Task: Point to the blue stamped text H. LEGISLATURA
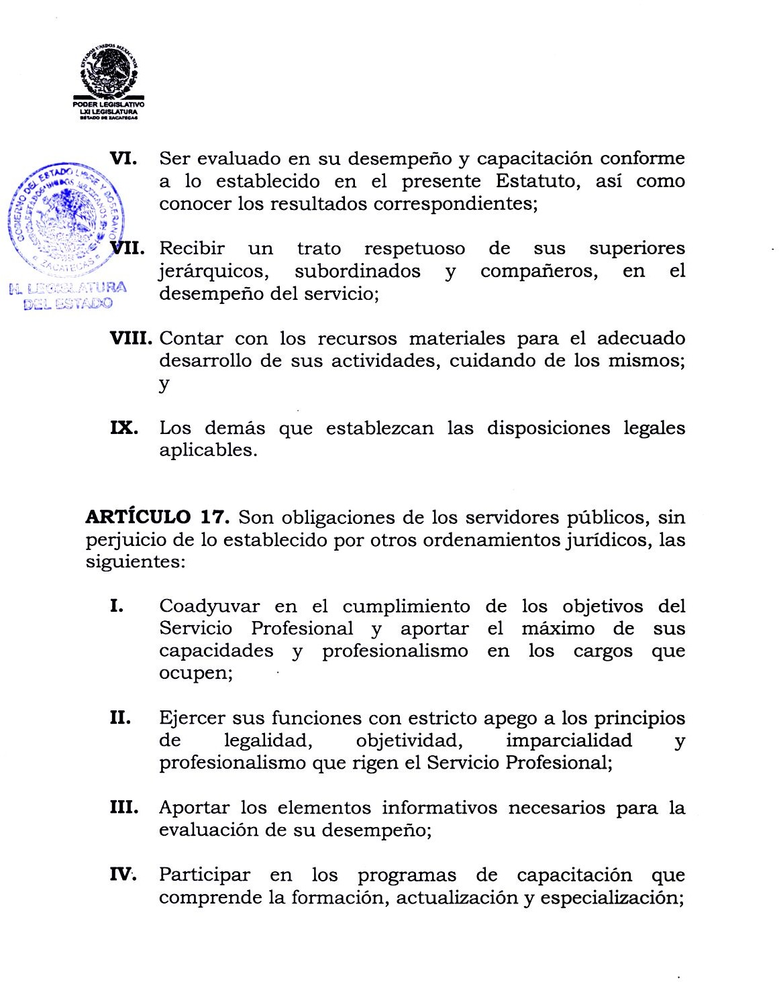pos(68,289)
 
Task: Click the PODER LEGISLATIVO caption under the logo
pos(109,105)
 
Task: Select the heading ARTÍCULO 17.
pos(158,517)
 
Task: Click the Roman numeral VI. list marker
pos(124,158)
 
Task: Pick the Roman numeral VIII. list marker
pos(132,338)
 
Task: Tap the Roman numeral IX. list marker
pos(124,428)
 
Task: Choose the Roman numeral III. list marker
pos(124,808)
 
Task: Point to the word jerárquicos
pos(215,271)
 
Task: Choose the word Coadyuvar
pos(209,606)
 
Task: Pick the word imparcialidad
pos(569,741)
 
